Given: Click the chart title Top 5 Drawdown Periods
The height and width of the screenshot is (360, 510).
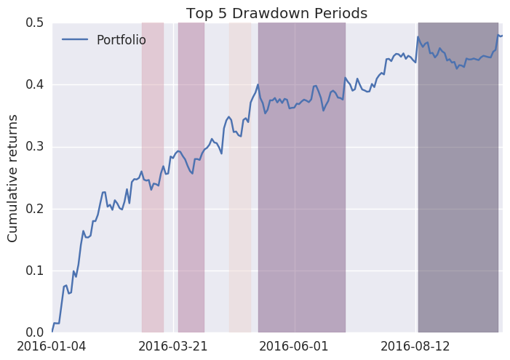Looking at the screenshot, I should pos(276,13).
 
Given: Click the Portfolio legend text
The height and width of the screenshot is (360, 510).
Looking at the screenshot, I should pos(121,39).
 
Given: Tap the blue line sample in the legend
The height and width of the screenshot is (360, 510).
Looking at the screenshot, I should pos(76,39).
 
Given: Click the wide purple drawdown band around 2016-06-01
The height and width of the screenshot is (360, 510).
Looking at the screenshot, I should pos(302,218).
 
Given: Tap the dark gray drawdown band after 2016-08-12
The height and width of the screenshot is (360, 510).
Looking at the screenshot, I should pos(458,218).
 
